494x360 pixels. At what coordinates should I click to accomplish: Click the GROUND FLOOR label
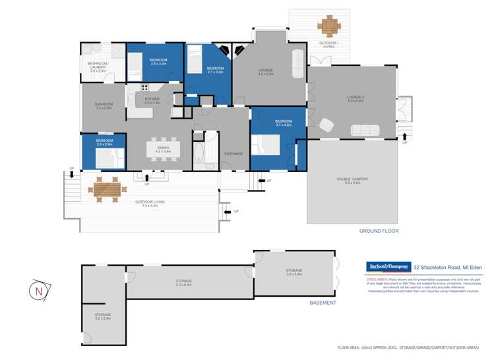[379, 231]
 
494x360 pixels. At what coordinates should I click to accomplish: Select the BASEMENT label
[323, 303]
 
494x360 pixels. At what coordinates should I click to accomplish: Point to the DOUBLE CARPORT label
[352, 181]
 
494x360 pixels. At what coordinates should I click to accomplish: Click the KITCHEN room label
[152, 100]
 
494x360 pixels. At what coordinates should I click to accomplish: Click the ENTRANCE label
[233, 154]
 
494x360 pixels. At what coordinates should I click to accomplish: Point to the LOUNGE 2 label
[355, 99]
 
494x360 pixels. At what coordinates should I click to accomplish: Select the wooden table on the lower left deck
[108, 190]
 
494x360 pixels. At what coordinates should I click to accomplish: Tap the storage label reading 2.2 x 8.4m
[183, 284]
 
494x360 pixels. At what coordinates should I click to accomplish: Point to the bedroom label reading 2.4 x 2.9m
[104, 142]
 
